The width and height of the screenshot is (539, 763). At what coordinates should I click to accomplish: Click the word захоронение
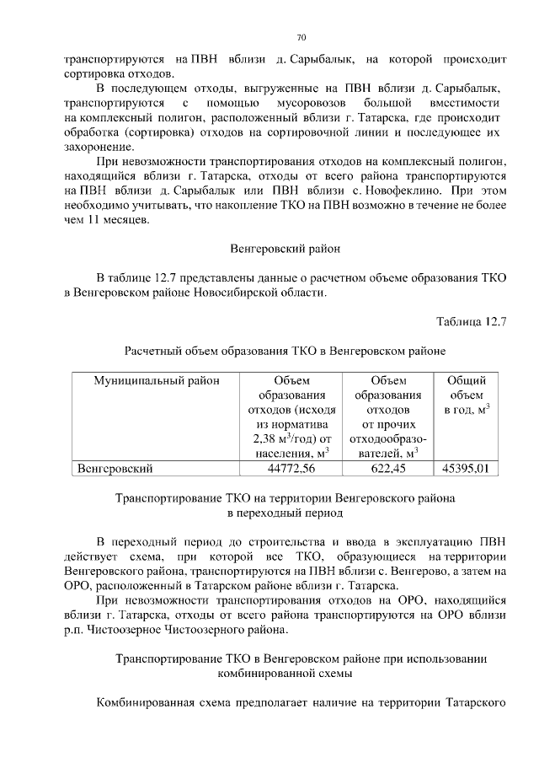pyautogui.click(x=100, y=148)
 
